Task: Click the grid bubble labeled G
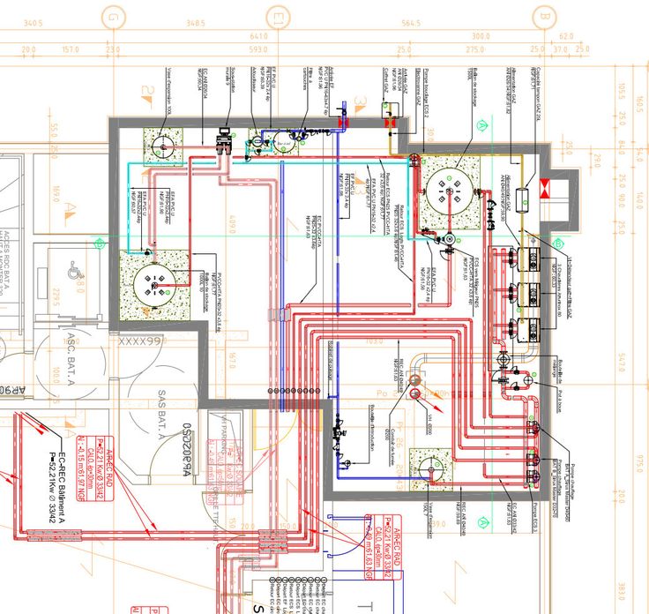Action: point(113,16)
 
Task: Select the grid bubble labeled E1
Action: point(279,16)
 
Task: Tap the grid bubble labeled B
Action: point(544,16)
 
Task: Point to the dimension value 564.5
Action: point(411,23)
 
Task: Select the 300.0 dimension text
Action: point(481,36)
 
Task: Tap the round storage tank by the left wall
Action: point(152,282)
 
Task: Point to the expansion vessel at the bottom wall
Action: point(430,468)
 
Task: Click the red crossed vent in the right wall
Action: point(544,187)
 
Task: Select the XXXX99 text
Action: point(142,341)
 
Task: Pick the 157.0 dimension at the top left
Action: point(71,49)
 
